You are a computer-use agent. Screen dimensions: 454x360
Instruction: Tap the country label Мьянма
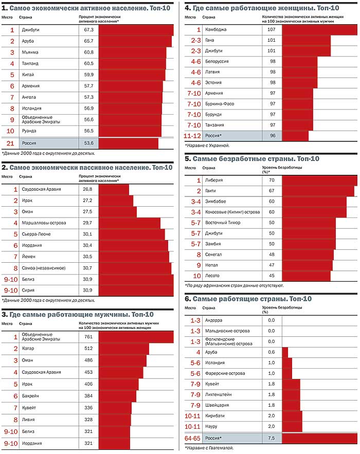(x=30, y=52)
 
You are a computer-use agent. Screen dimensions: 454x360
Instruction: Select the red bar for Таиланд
(x=132, y=64)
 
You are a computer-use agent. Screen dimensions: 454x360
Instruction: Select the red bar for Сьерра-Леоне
(x=132, y=234)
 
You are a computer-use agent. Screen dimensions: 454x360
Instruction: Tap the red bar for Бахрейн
(x=117, y=396)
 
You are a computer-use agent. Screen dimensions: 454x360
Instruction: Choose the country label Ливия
(x=29, y=420)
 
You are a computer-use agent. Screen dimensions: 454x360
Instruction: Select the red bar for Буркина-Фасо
(x=297, y=104)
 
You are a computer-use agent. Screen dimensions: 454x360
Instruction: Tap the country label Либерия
(x=213, y=180)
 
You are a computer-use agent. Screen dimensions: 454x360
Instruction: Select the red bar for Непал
(x=307, y=265)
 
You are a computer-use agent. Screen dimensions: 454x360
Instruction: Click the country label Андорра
(x=213, y=320)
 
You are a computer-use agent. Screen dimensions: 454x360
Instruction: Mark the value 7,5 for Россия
(x=271, y=438)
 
